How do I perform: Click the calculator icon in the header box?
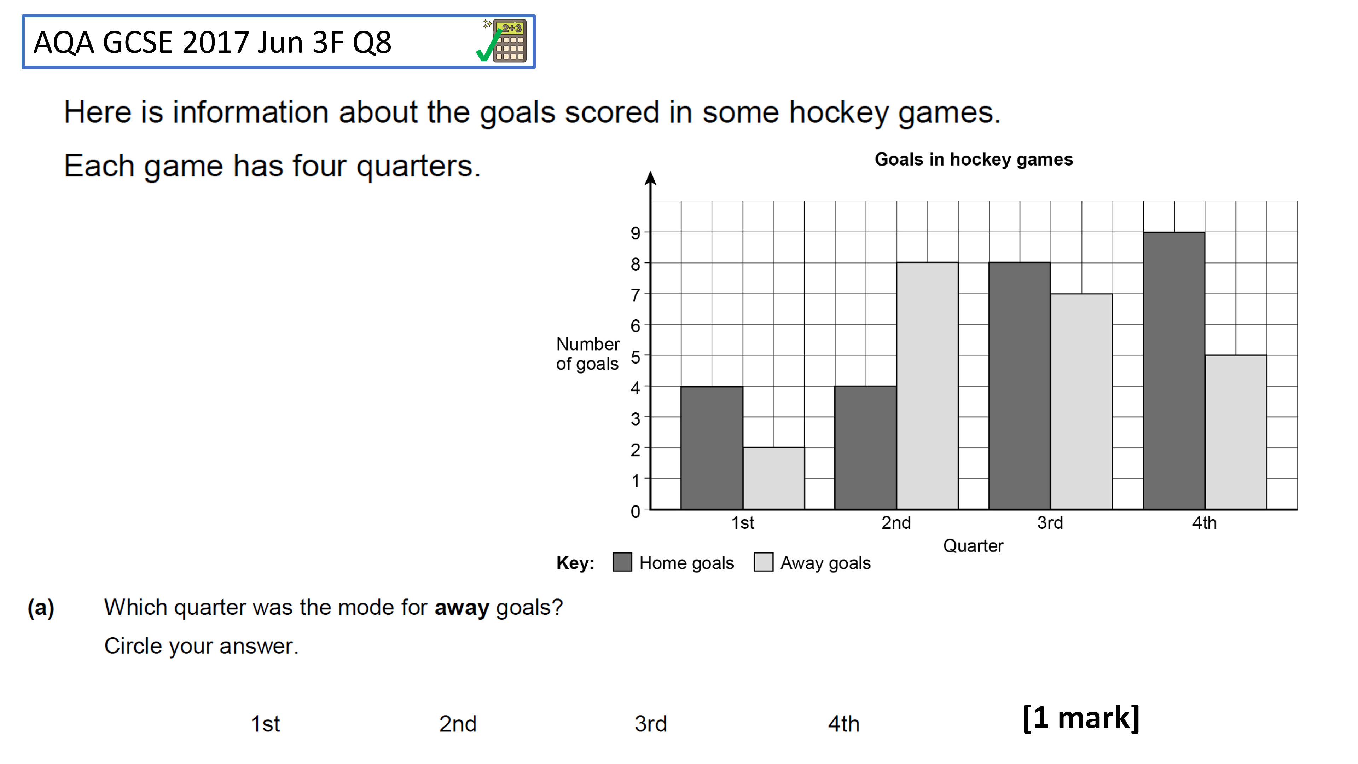509,41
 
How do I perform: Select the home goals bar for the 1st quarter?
712,448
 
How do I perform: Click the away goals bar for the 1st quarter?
774,478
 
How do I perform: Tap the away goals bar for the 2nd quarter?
927,386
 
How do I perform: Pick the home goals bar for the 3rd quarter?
1020,386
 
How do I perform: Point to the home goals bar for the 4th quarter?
1174,371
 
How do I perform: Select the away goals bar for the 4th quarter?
1236,432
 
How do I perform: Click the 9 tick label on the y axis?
635,233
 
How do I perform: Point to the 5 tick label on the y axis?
635,357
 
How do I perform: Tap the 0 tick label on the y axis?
635,511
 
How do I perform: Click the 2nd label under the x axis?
896,522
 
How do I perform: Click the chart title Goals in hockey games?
974,159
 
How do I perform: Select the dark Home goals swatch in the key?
622,562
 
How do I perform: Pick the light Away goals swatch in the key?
764,562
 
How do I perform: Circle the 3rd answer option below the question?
651,724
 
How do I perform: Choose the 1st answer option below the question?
265,724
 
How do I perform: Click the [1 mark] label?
1081,718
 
